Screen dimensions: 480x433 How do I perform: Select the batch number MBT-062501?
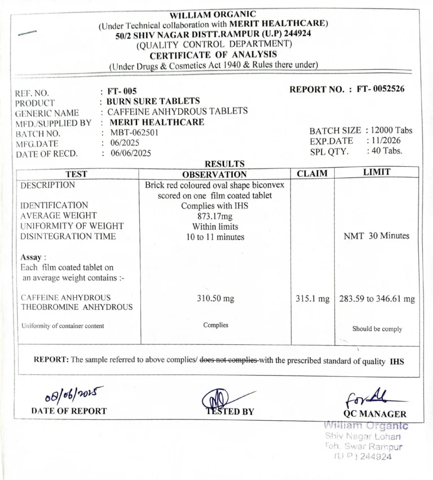point(134,132)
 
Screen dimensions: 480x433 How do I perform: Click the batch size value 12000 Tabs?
point(393,130)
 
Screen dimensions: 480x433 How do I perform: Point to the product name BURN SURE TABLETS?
point(153,101)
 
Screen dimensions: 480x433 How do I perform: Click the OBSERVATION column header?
point(215,175)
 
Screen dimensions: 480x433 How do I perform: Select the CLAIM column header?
point(312,174)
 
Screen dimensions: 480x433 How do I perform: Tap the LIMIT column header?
point(377,172)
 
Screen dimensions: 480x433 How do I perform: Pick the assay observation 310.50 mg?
point(215,298)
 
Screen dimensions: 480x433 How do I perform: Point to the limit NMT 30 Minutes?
point(377,236)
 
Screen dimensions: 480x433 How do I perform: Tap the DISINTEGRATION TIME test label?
point(68,237)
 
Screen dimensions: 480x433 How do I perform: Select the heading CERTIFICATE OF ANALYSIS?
point(213,54)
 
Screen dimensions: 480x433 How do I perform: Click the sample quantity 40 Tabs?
point(387,151)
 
